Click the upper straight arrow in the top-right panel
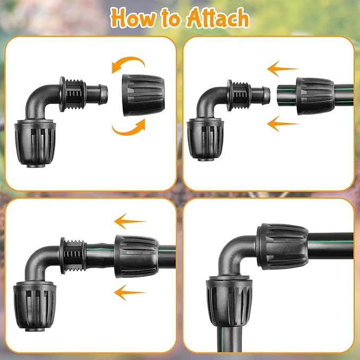pyautogui.click(x=283, y=68)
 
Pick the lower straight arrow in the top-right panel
pyautogui.click(x=283, y=124)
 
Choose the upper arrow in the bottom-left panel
pyautogui.click(x=130, y=221)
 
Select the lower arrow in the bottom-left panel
pyautogui.click(x=130, y=291)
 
